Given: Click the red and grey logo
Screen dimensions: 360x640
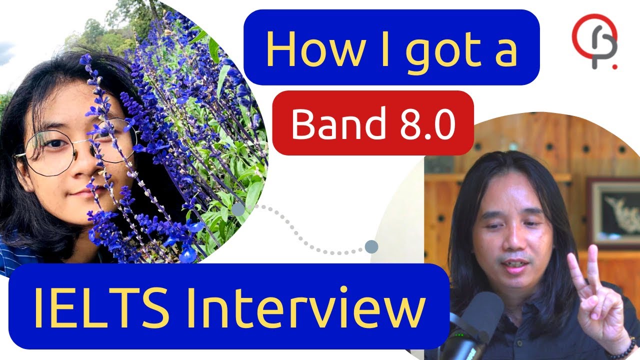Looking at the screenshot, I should click(595, 41).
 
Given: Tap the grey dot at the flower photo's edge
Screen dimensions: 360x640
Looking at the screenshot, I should click(238, 209).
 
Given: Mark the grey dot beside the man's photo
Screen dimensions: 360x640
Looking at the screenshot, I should click(371, 246).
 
